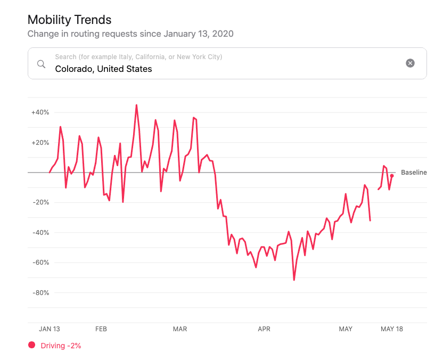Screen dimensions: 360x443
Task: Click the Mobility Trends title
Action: pyautogui.click(x=69, y=20)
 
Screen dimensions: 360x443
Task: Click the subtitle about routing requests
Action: pyautogui.click(x=130, y=34)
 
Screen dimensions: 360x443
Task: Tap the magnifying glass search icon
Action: pyautogui.click(x=41, y=64)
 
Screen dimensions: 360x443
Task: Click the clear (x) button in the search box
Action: pyautogui.click(x=410, y=63)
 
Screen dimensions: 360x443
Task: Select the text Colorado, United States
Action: pyautogui.click(x=103, y=69)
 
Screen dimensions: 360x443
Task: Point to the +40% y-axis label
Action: pyautogui.click(x=40, y=112)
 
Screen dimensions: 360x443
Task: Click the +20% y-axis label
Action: pyautogui.click(x=40, y=143)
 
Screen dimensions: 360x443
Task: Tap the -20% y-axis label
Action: pyautogui.click(x=40, y=202)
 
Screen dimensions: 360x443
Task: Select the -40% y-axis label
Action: pyautogui.click(x=40, y=233)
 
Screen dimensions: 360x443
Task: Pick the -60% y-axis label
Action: pyautogui.click(x=40, y=263)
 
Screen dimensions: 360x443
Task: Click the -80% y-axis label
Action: pyautogui.click(x=40, y=292)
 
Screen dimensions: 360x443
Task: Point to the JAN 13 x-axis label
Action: pyautogui.click(x=50, y=329)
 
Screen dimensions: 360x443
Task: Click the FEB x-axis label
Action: pyautogui.click(x=101, y=329)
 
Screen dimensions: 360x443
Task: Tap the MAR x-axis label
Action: pyautogui.click(x=180, y=329)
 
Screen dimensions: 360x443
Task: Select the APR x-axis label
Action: pyautogui.click(x=264, y=329)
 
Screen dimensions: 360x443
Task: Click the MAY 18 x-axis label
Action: pyautogui.click(x=392, y=329)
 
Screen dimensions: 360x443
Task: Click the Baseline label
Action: pyautogui.click(x=414, y=173)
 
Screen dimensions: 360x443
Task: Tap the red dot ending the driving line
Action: pyautogui.click(x=392, y=176)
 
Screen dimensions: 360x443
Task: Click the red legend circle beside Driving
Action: pyautogui.click(x=31, y=345)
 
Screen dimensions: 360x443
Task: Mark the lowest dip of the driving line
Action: pyautogui.click(x=294, y=280)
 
